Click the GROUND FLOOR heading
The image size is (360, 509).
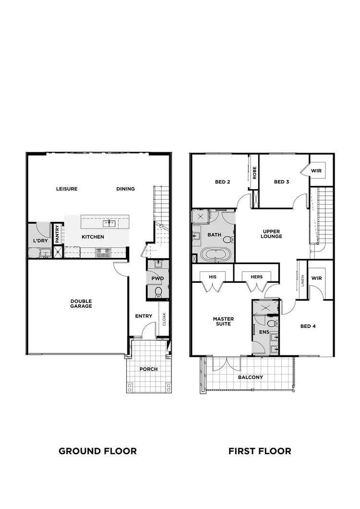pyautogui.click(x=97, y=451)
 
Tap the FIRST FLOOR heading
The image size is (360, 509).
pyautogui.click(x=260, y=451)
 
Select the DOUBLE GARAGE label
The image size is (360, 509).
pyautogui.click(x=81, y=303)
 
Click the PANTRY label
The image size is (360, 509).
pyautogui.click(x=57, y=234)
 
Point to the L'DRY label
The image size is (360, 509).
pyautogui.click(x=40, y=240)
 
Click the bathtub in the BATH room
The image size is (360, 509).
pyautogui.click(x=215, y=254)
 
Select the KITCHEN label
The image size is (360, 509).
pyautogui.click(x=93, y=237)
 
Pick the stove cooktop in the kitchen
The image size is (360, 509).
pyautogui.click(x=103, y=251)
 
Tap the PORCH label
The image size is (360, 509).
pyautogui.click(x=148, y=369)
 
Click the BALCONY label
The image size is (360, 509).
pyautogui.click(x=251, y=377)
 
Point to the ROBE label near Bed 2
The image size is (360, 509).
pyautogui.click(x=255, y=172)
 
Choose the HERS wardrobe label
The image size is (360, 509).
pyautogui.click(x=256, y=277)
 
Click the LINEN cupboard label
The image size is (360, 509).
pyautogui.click(x=303, y=280)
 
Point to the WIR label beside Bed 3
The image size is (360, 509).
pyautogui.click(x=316, y=170)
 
